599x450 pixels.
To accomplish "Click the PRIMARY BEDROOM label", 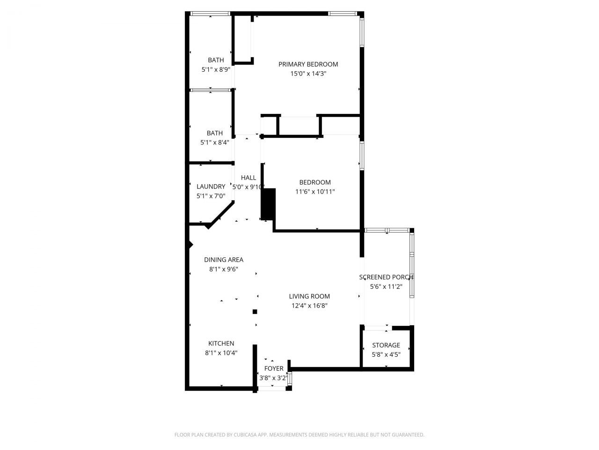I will point(308,64).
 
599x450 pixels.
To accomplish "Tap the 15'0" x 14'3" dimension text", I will point(308,74).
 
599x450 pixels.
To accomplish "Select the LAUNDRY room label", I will point(211,186).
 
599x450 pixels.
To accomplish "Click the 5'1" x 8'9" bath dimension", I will point(216,69).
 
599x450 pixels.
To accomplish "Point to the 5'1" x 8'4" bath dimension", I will point(215,142).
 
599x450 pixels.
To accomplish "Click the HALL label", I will point(248,178).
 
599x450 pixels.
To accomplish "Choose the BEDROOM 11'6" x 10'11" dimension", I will point(315,192).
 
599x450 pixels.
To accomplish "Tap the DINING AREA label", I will point(224,260).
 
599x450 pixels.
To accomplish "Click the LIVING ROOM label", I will point(309,296).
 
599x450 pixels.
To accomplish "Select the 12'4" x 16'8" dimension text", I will point(309,306).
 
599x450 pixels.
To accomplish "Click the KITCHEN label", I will point(221,344).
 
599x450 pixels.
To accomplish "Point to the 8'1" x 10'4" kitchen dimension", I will point(221,353).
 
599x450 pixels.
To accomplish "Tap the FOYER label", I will point(274,368).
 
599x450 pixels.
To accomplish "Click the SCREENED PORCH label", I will point(386,277).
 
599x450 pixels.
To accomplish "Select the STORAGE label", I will point(386,345).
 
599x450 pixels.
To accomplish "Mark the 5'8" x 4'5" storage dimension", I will point(386,354).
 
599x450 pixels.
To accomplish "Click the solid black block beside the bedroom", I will point(269,204).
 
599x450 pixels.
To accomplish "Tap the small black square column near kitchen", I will point(255,312).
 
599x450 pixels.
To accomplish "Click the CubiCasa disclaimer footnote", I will point(299,435).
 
